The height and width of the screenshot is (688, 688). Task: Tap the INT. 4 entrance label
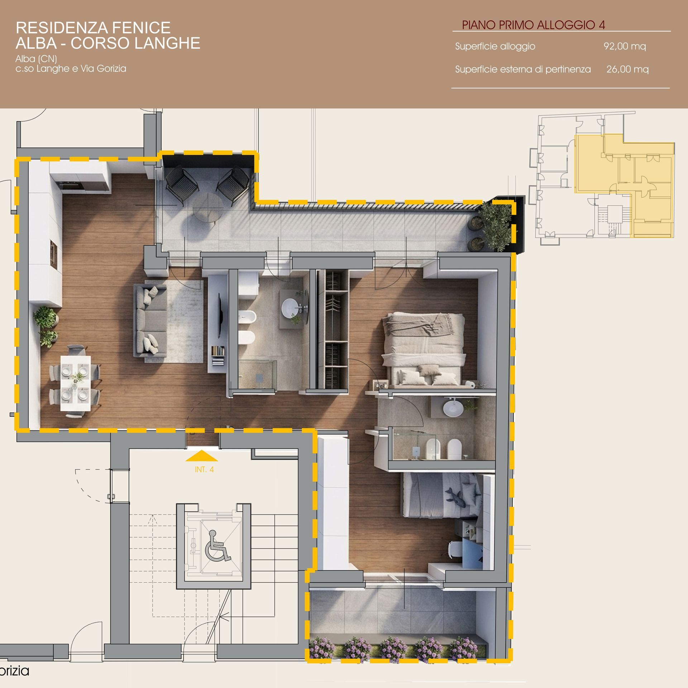(204, 469)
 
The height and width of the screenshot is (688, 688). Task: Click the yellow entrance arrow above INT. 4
(201, 456)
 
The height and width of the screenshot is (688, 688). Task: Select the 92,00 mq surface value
(625, 46)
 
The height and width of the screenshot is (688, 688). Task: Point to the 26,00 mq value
(627, 69)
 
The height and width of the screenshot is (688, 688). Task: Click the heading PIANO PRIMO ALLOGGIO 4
(534, 25)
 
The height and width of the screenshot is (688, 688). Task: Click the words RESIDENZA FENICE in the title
(93, 28)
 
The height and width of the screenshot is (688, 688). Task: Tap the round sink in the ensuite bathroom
(453, 408)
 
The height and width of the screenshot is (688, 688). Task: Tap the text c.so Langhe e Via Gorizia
(71, 68)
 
